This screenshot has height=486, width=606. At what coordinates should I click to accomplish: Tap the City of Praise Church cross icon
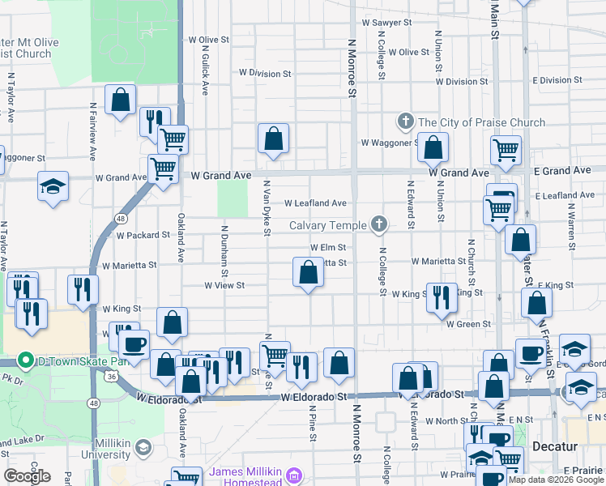(x=406, y=122)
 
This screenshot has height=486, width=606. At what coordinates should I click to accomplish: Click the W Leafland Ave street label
(x=315, y=203)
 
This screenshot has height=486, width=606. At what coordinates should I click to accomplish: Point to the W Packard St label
(x=143, y=236)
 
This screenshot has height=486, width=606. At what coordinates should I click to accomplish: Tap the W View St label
(x=224, y=286)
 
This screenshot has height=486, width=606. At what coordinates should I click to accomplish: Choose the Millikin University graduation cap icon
(x=143, y=447)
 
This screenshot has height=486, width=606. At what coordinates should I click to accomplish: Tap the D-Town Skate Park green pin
(x=26, y=360)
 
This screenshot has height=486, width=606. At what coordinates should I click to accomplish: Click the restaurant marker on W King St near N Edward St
(x=440, y=298)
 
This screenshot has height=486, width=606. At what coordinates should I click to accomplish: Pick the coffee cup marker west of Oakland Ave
(x=134, y=344)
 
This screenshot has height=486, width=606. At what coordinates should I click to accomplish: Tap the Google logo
(x=27, y=476)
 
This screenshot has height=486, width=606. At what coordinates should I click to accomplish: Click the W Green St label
(x=468, y=324)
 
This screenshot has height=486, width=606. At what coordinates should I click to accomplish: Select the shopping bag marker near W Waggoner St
(x=433, y=147)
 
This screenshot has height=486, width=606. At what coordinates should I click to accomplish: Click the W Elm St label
(x=328, y=248)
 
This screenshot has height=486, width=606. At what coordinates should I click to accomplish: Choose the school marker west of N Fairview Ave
(x=53, y=187)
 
